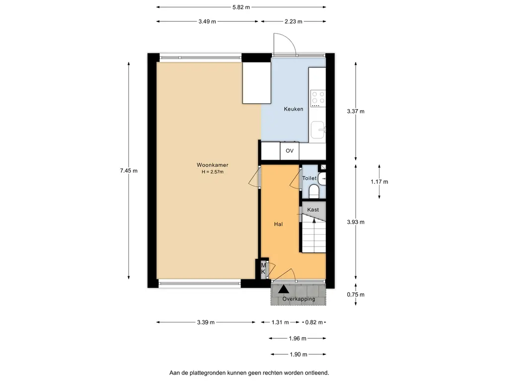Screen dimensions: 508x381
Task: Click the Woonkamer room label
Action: click(212, 165)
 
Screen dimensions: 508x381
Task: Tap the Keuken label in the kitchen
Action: click(294, 109)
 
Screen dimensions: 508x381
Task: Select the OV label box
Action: click(289, 151)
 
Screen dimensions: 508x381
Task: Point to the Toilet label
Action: click(310, 178)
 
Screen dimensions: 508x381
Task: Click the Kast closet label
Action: click(313, 210)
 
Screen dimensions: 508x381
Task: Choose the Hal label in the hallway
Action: click(278, 224)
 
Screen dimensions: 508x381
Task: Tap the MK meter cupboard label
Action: click(263, 268)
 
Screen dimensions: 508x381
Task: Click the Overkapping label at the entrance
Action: click(298, 299)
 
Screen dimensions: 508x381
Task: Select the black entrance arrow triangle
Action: click(283, 289)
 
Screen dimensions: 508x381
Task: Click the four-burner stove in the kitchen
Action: click(318, 99)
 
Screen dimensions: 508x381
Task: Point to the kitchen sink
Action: click(318, 130)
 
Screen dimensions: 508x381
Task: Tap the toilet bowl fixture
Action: click(314, 191)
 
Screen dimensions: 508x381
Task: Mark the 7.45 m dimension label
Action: click(128, 171)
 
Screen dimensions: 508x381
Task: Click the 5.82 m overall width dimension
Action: click(241, 7)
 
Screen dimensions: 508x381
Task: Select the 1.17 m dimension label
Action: click(380, 182)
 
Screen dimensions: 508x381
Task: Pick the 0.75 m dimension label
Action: click(356, 295)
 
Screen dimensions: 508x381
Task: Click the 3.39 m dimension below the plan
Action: click(206, 322)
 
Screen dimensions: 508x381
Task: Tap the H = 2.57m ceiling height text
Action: click(212, 172)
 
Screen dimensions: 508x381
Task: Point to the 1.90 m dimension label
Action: click(298, 354)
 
